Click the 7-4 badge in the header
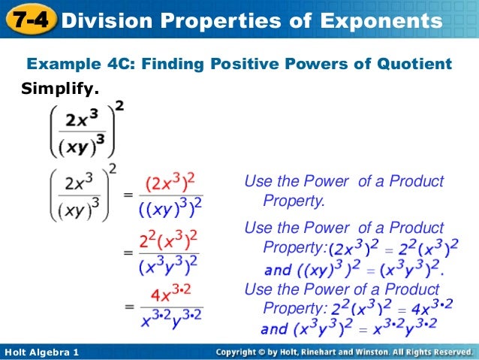29,21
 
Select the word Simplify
59,89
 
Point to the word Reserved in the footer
446,352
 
